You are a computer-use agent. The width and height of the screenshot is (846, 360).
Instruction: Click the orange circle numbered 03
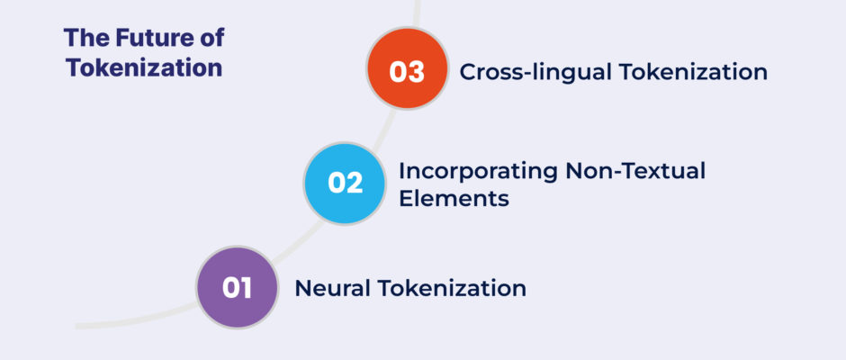(407, 68)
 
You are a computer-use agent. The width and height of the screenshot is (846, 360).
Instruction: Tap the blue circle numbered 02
(345, 184)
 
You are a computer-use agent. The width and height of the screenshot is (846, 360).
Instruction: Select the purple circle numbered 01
(237, 287)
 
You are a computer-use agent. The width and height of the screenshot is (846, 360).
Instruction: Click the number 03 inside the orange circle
(407, 72)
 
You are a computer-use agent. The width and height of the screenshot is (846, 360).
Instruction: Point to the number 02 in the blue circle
(346, 183)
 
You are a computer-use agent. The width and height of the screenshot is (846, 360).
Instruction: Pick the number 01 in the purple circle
(237, 288)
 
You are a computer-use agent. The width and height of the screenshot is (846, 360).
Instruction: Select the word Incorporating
(478, 172)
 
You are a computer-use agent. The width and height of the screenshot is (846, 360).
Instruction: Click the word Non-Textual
(635, 171)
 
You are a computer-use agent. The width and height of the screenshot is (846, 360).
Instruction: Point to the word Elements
(454, 199)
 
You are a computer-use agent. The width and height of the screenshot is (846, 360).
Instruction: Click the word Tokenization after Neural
(451, 288)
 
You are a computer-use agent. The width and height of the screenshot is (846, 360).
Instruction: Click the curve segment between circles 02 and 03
(382, 128)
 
